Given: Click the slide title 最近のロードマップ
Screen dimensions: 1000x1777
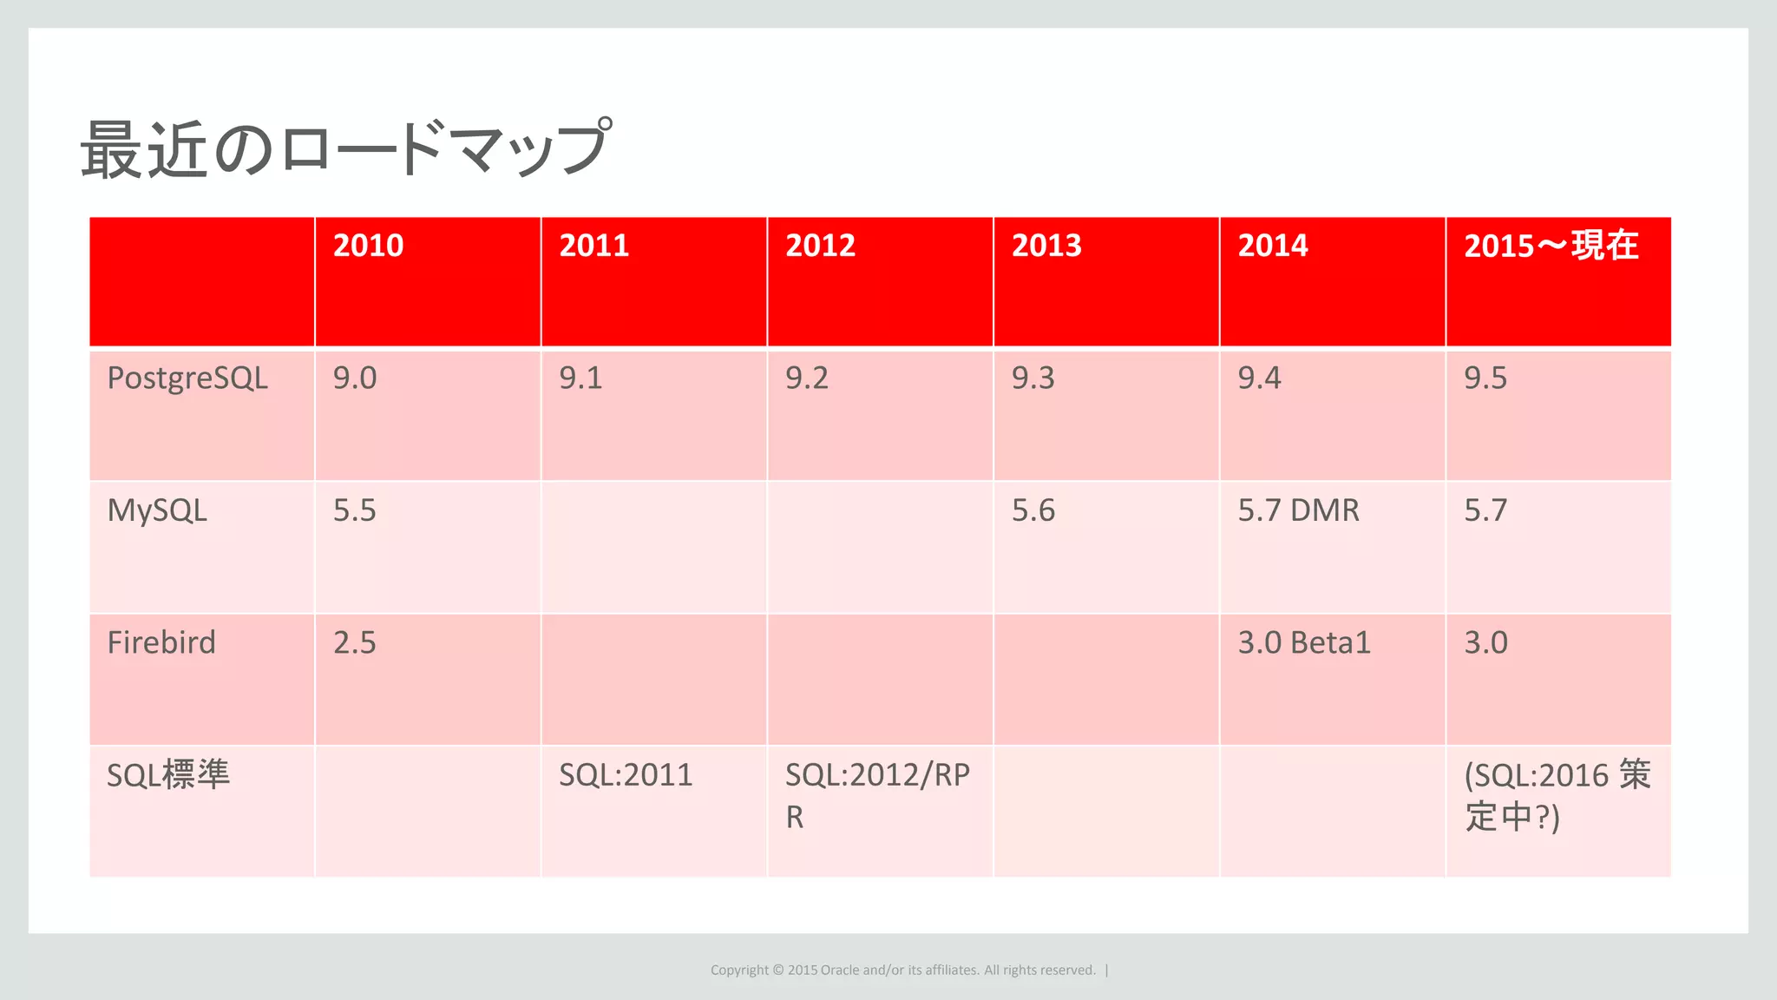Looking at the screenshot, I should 345,149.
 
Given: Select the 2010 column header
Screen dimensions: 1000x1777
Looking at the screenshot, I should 368,246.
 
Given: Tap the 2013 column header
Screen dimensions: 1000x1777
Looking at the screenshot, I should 1046,246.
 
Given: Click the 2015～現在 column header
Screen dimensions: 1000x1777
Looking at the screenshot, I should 1551,246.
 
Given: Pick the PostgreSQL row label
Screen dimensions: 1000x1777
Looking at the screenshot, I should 187,378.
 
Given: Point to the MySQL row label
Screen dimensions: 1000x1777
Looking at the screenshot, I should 157,510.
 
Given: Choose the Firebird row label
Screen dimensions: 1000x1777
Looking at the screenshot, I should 161,643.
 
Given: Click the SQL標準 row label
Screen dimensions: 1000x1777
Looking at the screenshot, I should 168,774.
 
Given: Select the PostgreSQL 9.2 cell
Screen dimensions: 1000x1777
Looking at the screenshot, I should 807,378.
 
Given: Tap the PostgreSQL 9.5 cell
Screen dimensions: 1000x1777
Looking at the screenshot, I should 1485,378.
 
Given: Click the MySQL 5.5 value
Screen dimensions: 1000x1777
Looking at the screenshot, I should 355,510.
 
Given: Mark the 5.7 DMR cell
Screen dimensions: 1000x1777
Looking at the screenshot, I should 1298,510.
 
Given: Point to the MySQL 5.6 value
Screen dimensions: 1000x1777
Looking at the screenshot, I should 1033,510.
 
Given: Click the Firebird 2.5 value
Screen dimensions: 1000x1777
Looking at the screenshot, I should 355,643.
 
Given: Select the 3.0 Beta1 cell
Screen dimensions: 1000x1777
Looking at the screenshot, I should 1304,643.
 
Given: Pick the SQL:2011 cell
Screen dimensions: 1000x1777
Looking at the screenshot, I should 626,775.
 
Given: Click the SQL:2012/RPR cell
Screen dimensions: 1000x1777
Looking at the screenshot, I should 877,794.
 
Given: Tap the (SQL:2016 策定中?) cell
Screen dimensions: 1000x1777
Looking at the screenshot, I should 1557,795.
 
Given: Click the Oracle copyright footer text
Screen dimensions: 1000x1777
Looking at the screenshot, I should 903,970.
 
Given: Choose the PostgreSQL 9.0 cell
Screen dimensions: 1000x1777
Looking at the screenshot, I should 355,378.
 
